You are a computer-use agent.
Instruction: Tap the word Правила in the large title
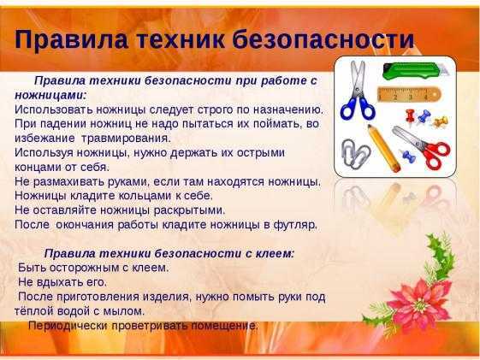[71, 40]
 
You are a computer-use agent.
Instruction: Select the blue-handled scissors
[358, 91]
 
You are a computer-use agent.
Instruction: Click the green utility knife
[414, 71]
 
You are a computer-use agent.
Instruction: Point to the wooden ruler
[409, 95]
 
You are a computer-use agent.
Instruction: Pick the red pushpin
[410, 116]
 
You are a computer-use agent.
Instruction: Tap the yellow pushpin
[441, 121]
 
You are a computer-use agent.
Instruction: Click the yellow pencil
[384, 148]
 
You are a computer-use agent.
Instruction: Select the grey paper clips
[355, 154]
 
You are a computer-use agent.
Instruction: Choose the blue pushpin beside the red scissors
[408, 156]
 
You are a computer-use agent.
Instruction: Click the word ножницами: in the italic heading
[50, 95]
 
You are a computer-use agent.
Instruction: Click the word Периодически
[68, 326]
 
